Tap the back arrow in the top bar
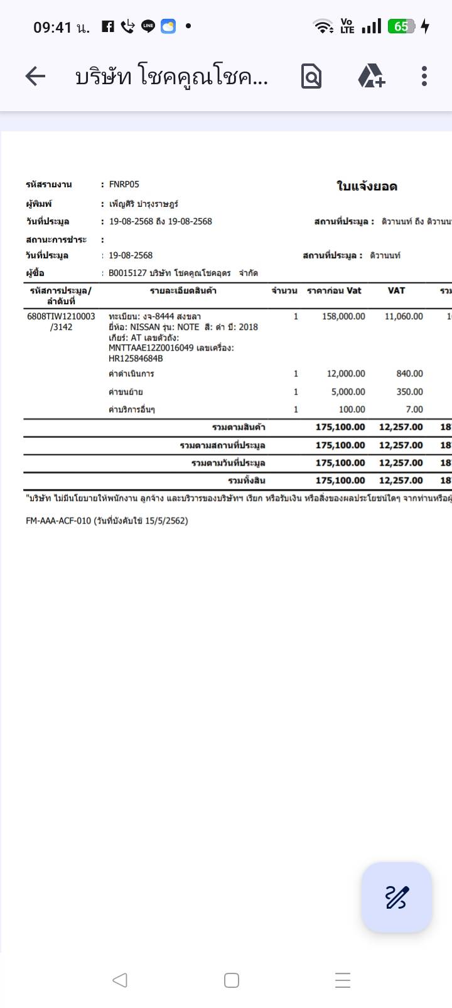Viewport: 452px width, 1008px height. pyautogui.click(x=36, y=77)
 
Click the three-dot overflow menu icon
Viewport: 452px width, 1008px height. pyautogui.click(x=424, y=77)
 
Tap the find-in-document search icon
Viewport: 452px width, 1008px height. pyautogui.click(x=311, y=77)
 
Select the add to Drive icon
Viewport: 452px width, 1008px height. pyautogui.click(x=371, y=77)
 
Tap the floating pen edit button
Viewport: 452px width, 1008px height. pyautogui.click(x=396, y=897)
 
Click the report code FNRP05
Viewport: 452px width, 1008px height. pyautogui.click(x=124, y=184)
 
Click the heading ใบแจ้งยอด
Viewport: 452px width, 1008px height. pyautogui.click(x=367, y=186)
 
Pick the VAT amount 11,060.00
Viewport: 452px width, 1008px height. pyautogui.click(x=404, y=316)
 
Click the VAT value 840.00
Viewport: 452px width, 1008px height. pyautogui.click(x=409, y=373)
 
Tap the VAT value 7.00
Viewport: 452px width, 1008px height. pyautogui.click(x=414, y=409)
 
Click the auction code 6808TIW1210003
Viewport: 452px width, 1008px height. pyautogui.click(x=61, y=316)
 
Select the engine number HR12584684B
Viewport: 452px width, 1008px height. pyautogui.click(x=136, y=358)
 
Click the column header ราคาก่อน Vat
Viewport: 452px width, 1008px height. pyautogui.click(x=334, y=290)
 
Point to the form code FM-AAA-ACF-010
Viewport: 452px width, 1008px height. pyautogui.click(x=58, y=520)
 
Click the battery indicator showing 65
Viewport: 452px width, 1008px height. pyautogui.click(x=401, y=26)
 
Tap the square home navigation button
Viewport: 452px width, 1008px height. pyautogui.click(x=232, y=980)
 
